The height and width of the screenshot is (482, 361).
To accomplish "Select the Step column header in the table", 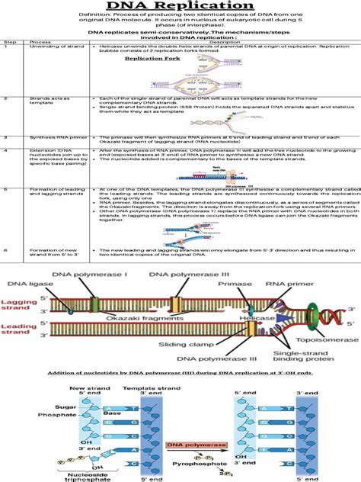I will tap(11, 63).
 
